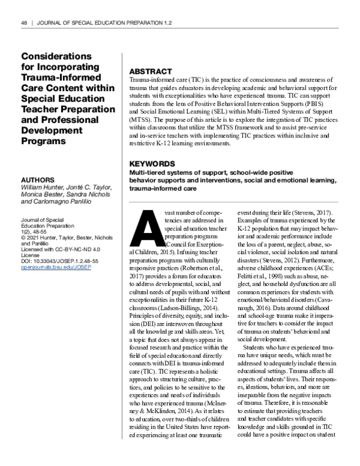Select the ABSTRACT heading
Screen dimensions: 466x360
[x=151, y=71]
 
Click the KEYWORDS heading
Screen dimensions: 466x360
[x=153, y=163]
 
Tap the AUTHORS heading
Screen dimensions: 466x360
[x=38, y=180]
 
